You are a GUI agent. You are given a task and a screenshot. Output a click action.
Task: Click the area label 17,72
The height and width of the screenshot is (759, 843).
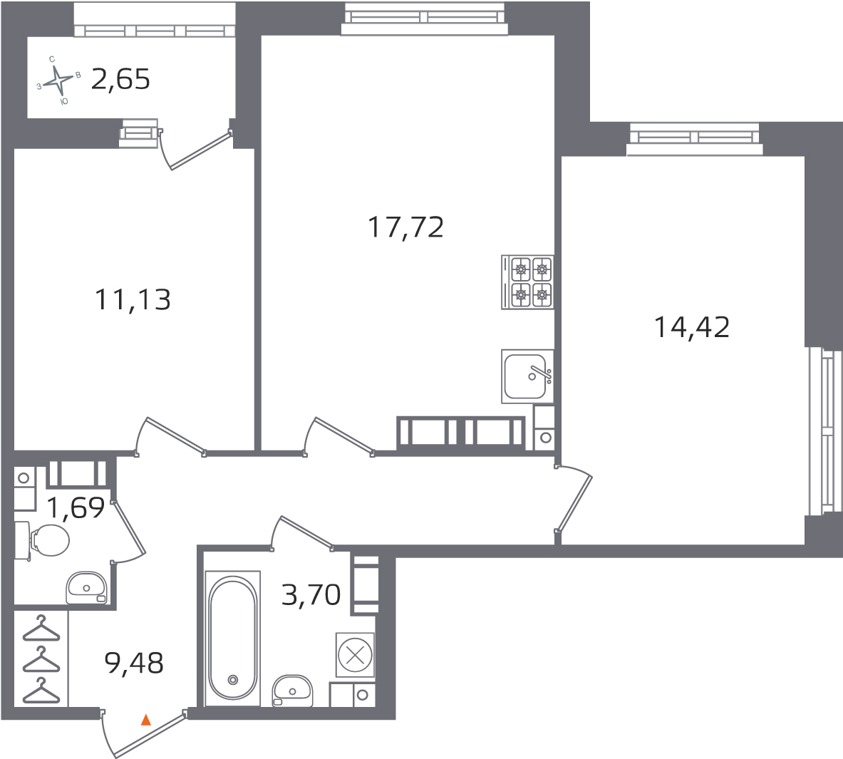[x=405, y=228]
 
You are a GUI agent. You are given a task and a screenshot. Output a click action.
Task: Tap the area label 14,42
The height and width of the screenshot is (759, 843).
[x=691, y=328]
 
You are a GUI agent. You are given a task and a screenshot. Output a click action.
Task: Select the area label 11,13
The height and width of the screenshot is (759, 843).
[x=133, y=300]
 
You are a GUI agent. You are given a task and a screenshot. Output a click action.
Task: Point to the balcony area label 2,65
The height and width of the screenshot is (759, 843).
[x=120, y=79]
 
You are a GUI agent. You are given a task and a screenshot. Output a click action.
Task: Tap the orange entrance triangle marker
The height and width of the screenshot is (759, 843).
[x=146, y=720]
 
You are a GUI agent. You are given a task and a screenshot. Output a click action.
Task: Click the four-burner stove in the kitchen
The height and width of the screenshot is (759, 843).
[x=527, y=282]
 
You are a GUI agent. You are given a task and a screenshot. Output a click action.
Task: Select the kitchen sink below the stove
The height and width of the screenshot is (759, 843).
[x=527, y=376]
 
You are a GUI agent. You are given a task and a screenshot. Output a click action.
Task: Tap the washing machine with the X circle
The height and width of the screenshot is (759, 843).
[x=354, y=654]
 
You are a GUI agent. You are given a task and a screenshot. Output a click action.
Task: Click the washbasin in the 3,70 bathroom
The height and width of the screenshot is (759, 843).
[x=293, y=691]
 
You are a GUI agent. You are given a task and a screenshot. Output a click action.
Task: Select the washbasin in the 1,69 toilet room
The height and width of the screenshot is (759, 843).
[x=87, y=588]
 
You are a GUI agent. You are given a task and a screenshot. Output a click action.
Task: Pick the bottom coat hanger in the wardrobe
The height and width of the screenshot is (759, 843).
[x=40, y=691]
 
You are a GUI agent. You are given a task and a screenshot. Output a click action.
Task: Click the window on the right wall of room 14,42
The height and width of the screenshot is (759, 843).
[x=823, y=430]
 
